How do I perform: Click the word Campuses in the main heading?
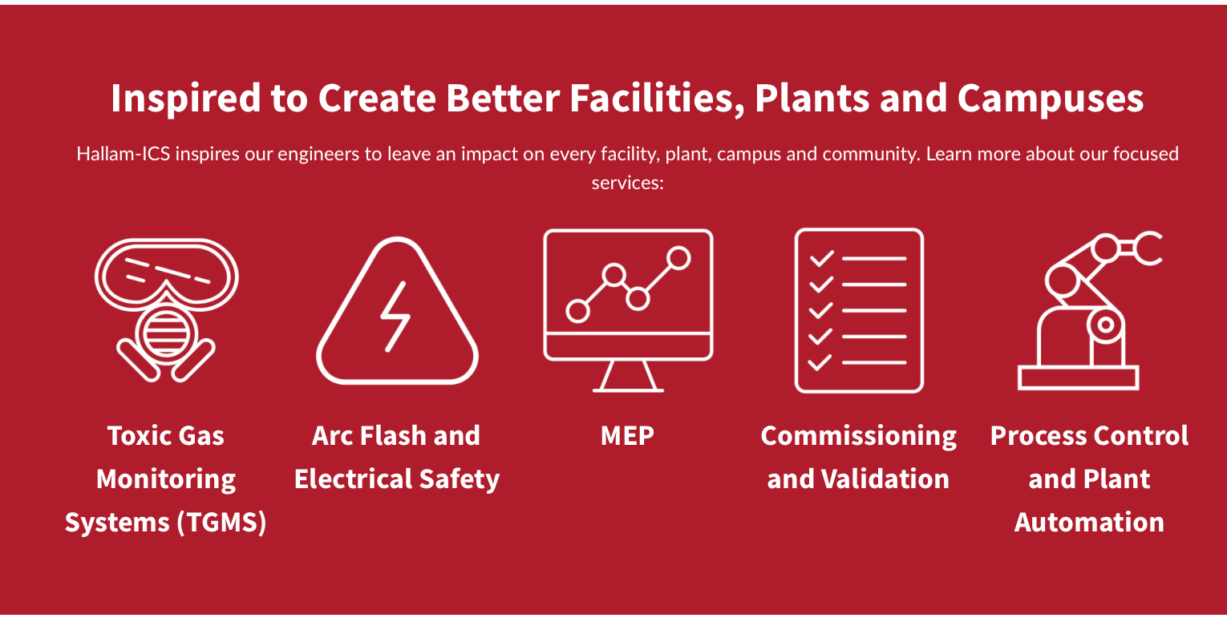point(1050,99)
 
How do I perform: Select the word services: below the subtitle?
point(627,182)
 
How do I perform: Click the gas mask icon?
point(166,310)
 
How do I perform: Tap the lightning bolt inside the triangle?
point(395,317)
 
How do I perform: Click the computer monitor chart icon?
point(628,310)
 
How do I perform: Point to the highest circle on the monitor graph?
point(678,258)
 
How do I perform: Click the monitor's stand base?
point(628,390)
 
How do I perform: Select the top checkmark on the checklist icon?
point(822,258)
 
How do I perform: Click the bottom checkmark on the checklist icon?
point(820,362)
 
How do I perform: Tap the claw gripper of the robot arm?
point(1148,248)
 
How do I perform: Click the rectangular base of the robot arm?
point(1078,378)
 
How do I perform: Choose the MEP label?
point(627,436)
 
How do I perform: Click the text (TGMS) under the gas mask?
point(221,522)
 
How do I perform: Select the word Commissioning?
point(858,437)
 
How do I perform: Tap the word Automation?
point(1089,522)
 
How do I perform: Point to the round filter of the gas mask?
point(166,334)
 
